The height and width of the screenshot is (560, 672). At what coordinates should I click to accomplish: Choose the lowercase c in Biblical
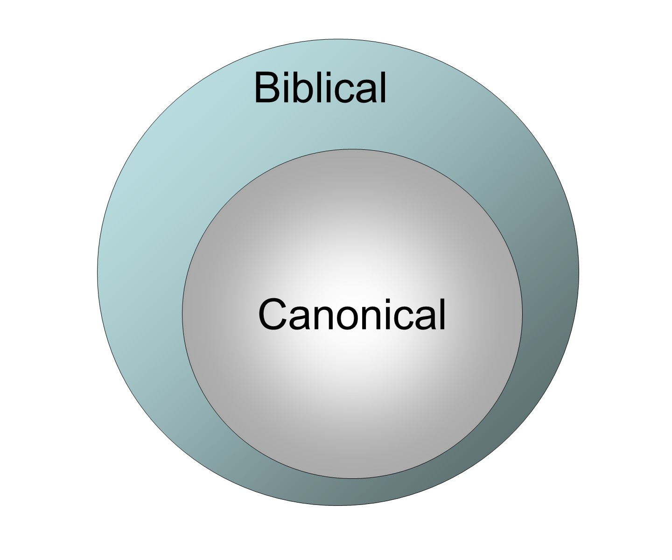343,91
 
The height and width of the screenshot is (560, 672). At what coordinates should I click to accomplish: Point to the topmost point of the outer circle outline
338,39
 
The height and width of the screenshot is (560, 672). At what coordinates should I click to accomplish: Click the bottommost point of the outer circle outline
338,505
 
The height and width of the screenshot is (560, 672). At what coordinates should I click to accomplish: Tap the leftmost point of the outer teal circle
97,273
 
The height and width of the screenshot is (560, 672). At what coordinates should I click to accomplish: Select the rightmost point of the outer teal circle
579,273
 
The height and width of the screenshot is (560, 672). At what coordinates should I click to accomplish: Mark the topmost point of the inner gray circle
352,149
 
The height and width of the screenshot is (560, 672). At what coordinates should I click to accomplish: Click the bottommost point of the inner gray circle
352,478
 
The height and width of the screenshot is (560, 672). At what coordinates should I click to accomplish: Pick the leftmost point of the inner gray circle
182,314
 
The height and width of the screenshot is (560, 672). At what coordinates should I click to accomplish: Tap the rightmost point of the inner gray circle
522,314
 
